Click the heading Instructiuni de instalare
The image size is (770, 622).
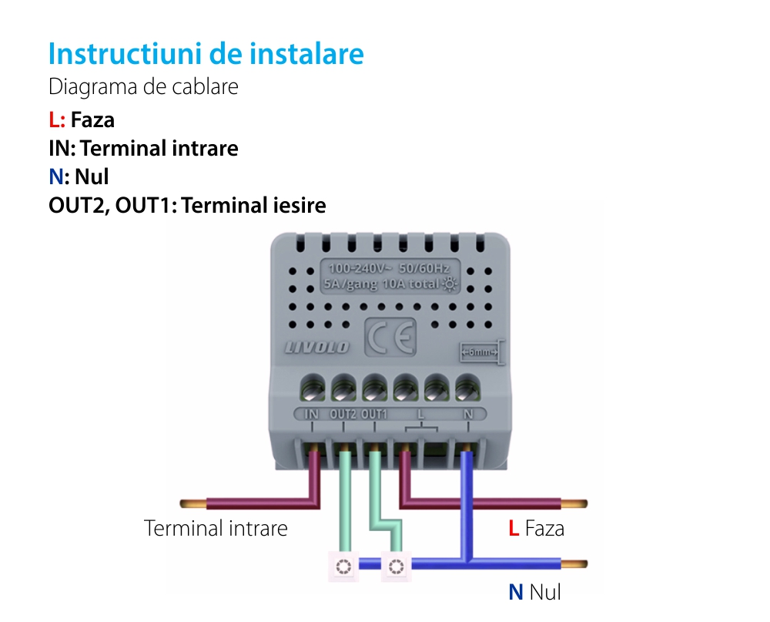coord(206,54)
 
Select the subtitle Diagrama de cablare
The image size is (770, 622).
coord(143,87)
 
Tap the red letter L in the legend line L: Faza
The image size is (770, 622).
coord(53,119)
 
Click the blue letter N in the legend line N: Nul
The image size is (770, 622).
coord(55,177)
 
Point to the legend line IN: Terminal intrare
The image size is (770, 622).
coord(143,148)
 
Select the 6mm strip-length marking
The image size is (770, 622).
coord(480,353)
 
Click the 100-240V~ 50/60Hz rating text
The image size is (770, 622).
coord(389,269)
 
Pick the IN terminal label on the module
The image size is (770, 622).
coord(312,414)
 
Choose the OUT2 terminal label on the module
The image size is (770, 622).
coord(343,414)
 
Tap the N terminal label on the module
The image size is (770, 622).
coord(468,414)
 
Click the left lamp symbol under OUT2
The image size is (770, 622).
coord(343,567)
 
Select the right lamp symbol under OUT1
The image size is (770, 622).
coord(396,567)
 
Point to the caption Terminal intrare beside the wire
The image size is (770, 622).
coord(216,529)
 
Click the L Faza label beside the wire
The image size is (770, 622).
coord(536,529)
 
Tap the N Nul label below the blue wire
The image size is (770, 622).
coord(534,592)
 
